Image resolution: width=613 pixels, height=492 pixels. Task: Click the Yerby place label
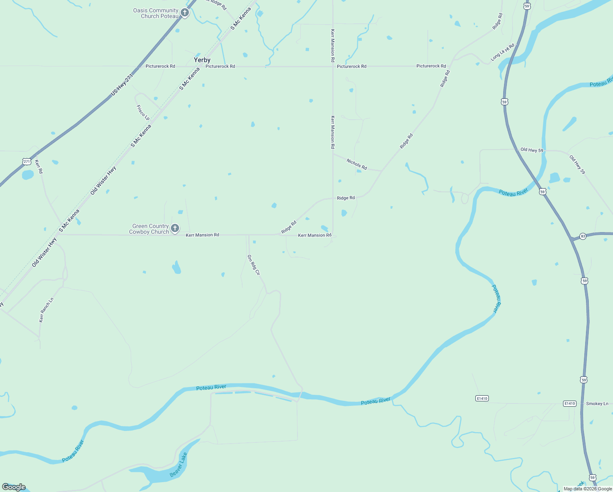202,60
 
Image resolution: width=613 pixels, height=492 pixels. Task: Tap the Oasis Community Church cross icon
185,13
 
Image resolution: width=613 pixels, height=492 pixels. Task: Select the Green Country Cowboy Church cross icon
175,228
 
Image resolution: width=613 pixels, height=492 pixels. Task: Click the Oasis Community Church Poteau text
156,13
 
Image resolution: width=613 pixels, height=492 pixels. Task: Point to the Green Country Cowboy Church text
149,229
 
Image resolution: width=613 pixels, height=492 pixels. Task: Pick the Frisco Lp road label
143,112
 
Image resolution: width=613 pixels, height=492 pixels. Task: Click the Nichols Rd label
357,164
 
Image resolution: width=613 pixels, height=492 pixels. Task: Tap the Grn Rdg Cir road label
254,265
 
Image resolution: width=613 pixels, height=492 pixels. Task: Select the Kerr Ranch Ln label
46,310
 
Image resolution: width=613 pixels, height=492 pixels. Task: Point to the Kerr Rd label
39,166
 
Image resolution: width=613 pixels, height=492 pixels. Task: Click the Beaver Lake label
179,465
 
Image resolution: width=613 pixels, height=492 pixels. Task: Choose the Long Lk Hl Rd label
502,52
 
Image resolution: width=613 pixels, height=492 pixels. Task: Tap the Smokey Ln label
597,404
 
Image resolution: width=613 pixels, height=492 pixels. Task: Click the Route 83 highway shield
583,237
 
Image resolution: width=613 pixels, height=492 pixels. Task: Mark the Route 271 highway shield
27,162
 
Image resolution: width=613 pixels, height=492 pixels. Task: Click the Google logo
14,487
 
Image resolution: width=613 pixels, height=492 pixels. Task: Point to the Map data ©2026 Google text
588,489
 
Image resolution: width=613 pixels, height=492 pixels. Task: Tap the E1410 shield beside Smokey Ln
570,404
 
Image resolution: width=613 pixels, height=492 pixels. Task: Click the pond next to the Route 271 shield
27,175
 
